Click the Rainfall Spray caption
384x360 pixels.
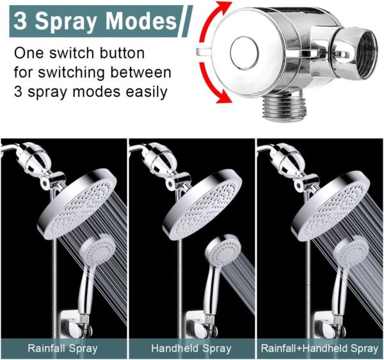[x=63, y=348]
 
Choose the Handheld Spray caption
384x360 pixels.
[x=191, y=348]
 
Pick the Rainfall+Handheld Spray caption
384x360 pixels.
[x=319, y=348]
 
